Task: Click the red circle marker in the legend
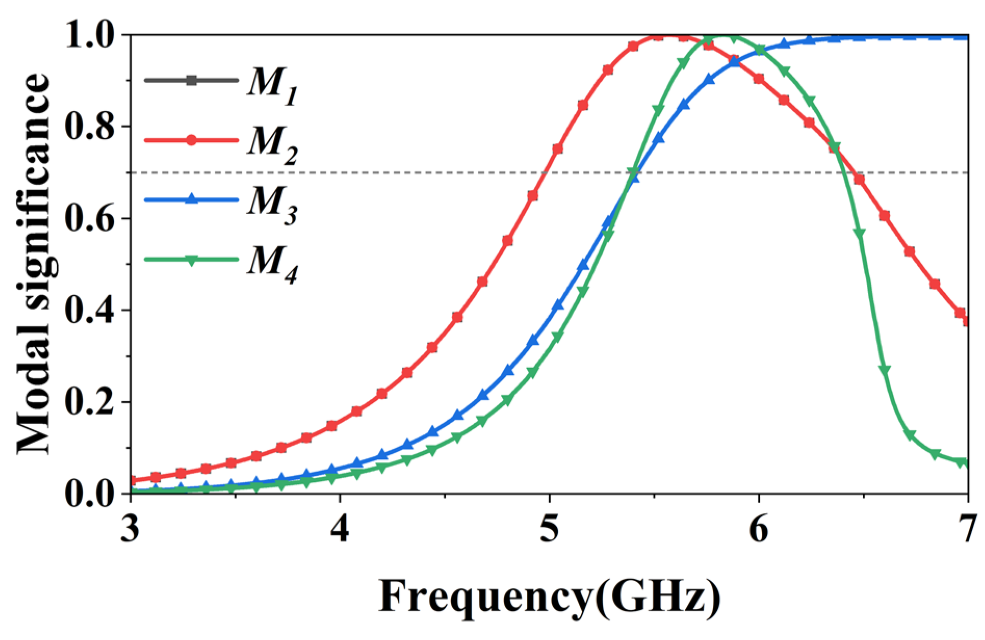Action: (x=191, y=140)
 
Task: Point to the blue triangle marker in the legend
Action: (x=191, y=199)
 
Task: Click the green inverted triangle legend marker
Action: (x=191, y=260)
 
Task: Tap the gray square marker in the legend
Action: (x=191, y=80)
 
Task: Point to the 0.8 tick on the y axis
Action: (x=89, y=126)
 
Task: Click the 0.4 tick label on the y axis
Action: (x=89, y=310)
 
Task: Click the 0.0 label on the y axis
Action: (x=89, y=493)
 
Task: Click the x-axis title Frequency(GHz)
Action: (x=549, y=597)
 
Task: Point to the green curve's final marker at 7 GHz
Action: (x=966, y=462)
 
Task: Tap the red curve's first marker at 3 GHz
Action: (x=132, y=480)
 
